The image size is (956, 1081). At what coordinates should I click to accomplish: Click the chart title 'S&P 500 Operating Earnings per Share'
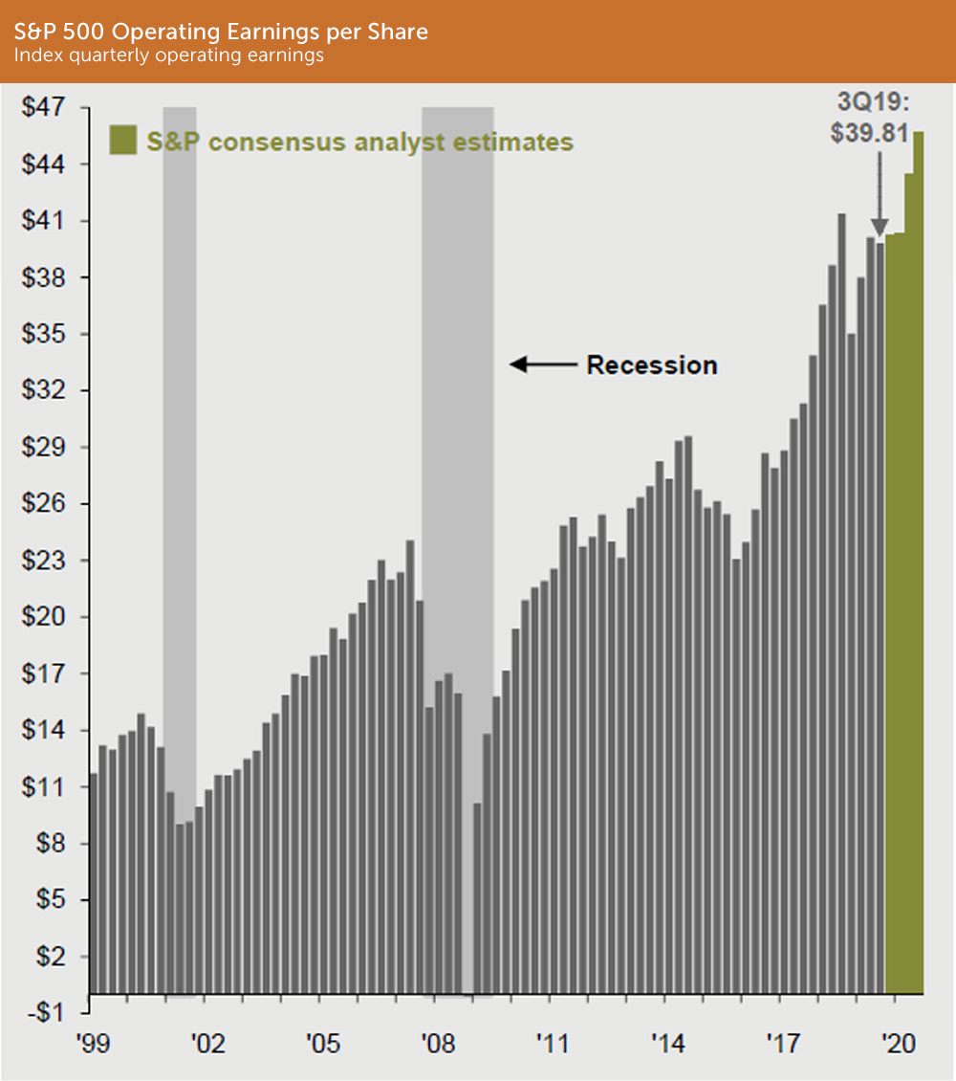point(222,32)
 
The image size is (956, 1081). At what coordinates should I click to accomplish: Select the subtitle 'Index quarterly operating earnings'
point(168,55)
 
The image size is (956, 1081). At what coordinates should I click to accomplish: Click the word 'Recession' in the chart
point(651,364)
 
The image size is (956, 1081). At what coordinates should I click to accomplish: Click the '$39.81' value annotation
point(868,133)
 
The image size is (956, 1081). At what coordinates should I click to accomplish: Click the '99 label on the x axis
point(93,1043)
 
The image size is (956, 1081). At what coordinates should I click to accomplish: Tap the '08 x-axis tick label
point(437,1043)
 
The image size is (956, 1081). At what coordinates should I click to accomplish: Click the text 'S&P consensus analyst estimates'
point(359,142)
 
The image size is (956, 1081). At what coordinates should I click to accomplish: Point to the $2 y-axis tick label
point(48,957)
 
